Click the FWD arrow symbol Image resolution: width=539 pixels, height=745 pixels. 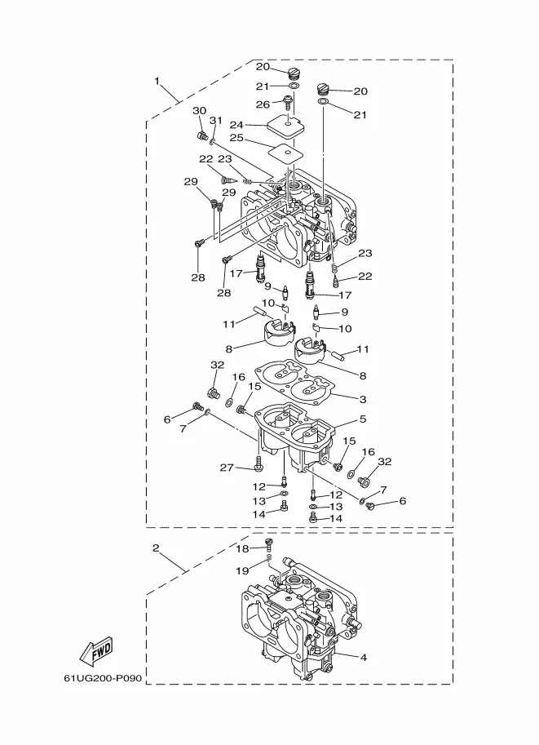pyautogui.click(x=97, y=650)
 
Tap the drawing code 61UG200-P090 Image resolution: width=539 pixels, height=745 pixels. pyautogui.click(x=103, y=678)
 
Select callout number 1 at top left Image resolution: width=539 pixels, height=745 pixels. pyautogui.click(x=157, y=82)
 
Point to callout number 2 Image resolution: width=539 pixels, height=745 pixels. pyautogui.click(x=156, y=548)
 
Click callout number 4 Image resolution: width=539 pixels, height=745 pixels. pyautogui.click(x=364, y=658)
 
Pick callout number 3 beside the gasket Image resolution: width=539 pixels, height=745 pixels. pyautogui.click(x=364, y=399)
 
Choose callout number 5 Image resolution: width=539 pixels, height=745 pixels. pyautogui.click(x=364, y=419)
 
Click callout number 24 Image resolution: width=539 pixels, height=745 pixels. pyautogui.click(x=236, y=125)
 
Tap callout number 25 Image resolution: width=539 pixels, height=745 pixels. pyautogui.click(x=236, y=138)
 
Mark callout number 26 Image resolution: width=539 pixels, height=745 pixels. pyautogui.click(x=263, y=104)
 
